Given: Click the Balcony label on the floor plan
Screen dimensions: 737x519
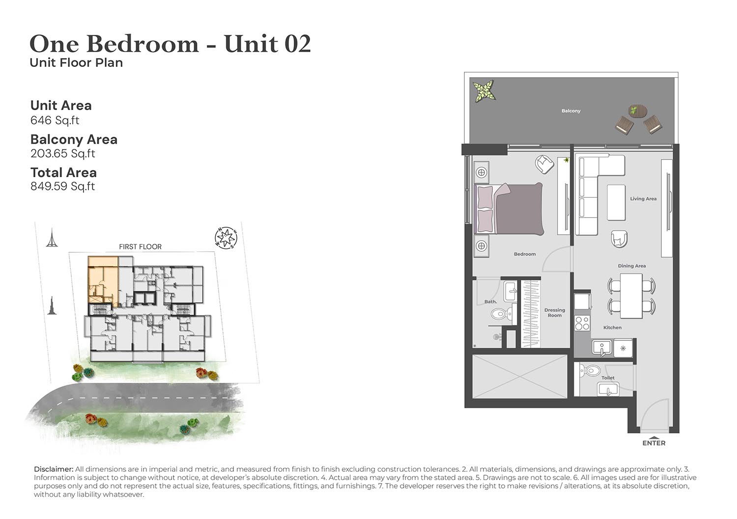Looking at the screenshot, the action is [x=571, y=111].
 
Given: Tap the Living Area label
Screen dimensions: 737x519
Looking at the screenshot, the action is [x=643, y=199].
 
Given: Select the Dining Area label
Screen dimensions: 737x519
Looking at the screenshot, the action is [x=632, y=266].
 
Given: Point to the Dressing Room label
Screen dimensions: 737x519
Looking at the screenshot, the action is [x=554, y=313].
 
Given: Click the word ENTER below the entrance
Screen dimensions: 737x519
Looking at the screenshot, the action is [x=654, y=443].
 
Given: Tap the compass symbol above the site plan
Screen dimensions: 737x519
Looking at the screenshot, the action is [x=226, y=238].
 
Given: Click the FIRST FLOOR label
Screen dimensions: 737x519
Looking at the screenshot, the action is [x=140, y=247].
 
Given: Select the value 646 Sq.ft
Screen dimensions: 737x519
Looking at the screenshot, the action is [x=55, y=120].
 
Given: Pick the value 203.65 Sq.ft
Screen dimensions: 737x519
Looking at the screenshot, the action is [x=62, y=153].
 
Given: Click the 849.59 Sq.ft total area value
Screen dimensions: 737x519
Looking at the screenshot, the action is [x=62, y=186].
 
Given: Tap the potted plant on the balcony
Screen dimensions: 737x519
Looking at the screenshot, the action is [x=484, y=91].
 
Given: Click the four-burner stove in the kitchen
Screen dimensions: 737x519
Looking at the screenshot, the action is [x=582, y=323].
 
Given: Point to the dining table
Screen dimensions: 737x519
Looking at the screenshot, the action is [x=631, y=296].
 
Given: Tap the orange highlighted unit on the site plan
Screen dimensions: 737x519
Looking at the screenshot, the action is [x=103, y=280].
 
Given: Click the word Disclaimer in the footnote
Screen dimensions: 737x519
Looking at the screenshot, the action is [x=54, y=469].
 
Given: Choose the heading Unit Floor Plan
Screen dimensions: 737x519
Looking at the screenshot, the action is [x=76, y=62].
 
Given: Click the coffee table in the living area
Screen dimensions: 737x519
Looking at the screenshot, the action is [x=616, y=202].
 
